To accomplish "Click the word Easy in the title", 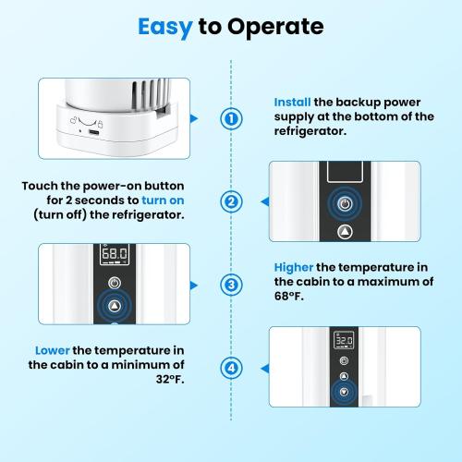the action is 165,28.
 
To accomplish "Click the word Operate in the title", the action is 275,28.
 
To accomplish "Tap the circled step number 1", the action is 231,118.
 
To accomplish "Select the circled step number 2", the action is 231,201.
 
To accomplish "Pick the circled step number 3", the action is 231,285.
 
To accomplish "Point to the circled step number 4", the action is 231,368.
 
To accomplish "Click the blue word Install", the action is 292,103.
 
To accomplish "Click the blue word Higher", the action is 294,268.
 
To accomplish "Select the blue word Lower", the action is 53,350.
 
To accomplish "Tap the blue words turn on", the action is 163,201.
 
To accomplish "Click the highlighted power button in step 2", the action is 345,203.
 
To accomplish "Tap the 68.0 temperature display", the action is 115,254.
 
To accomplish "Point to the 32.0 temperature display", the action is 344,340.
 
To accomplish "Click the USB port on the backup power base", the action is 93,133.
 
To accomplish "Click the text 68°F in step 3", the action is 289,297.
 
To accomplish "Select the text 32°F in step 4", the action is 170,379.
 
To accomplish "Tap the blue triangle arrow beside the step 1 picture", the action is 194,118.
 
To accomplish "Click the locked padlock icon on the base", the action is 100,124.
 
